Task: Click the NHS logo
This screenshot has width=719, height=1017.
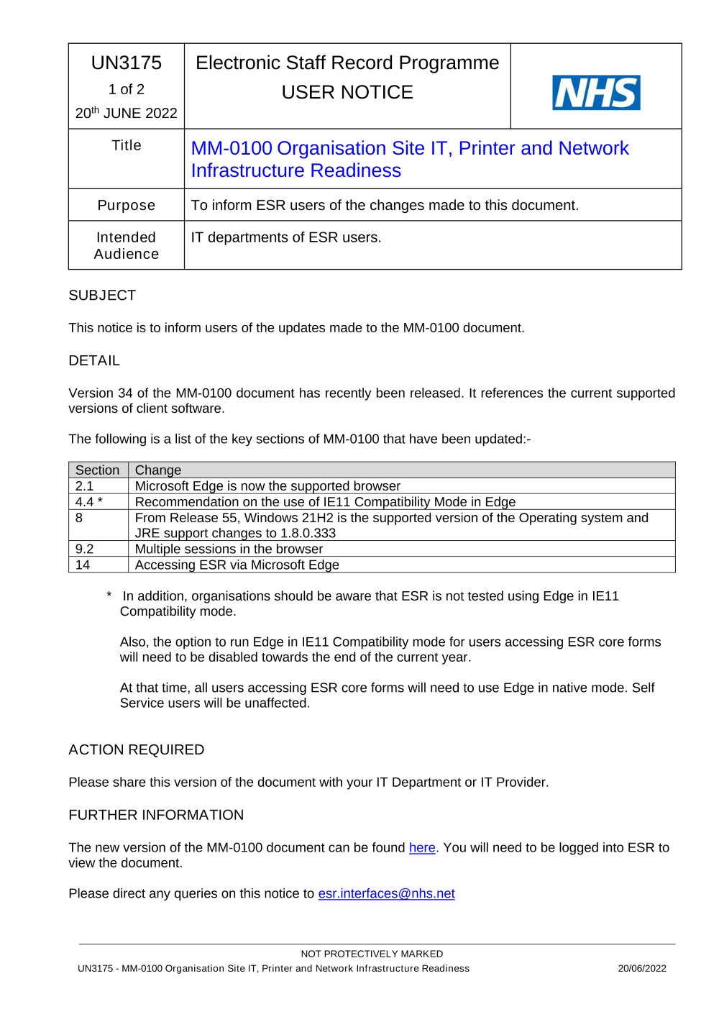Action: tap(596, 93)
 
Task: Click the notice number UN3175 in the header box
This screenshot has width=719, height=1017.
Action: tap(127, 63)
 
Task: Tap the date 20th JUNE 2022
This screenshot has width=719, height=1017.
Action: tap(127, 113)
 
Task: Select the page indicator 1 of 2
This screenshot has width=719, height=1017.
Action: tap(127, 90)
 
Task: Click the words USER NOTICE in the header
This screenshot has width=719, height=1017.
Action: tap(347, 93)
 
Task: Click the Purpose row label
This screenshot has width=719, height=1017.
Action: tap(127, 206)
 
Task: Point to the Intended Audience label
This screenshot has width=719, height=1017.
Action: tap(127, 245)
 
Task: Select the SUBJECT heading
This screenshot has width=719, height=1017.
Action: tap(102, 296)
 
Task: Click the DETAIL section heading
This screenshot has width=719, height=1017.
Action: tap(94, 361)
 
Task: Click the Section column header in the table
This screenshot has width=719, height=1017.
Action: tap(98, 470)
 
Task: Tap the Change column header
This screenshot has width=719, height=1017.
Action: tap(158, 470)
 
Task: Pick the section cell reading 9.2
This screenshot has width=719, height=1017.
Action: tap(85, 549)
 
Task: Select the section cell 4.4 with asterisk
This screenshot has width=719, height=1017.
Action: tap(89, 502)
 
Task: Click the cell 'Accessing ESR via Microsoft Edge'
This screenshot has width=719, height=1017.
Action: tap(237, 565)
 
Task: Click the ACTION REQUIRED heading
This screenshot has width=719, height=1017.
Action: tap(137, 750)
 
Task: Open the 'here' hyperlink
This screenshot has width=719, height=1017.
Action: tap(422, 848)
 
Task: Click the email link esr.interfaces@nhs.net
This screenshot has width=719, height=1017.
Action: tap(386, 894)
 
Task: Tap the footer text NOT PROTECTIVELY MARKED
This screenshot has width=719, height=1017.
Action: tap(372, 954)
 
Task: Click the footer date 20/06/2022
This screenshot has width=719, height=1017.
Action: tap(642, 969)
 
